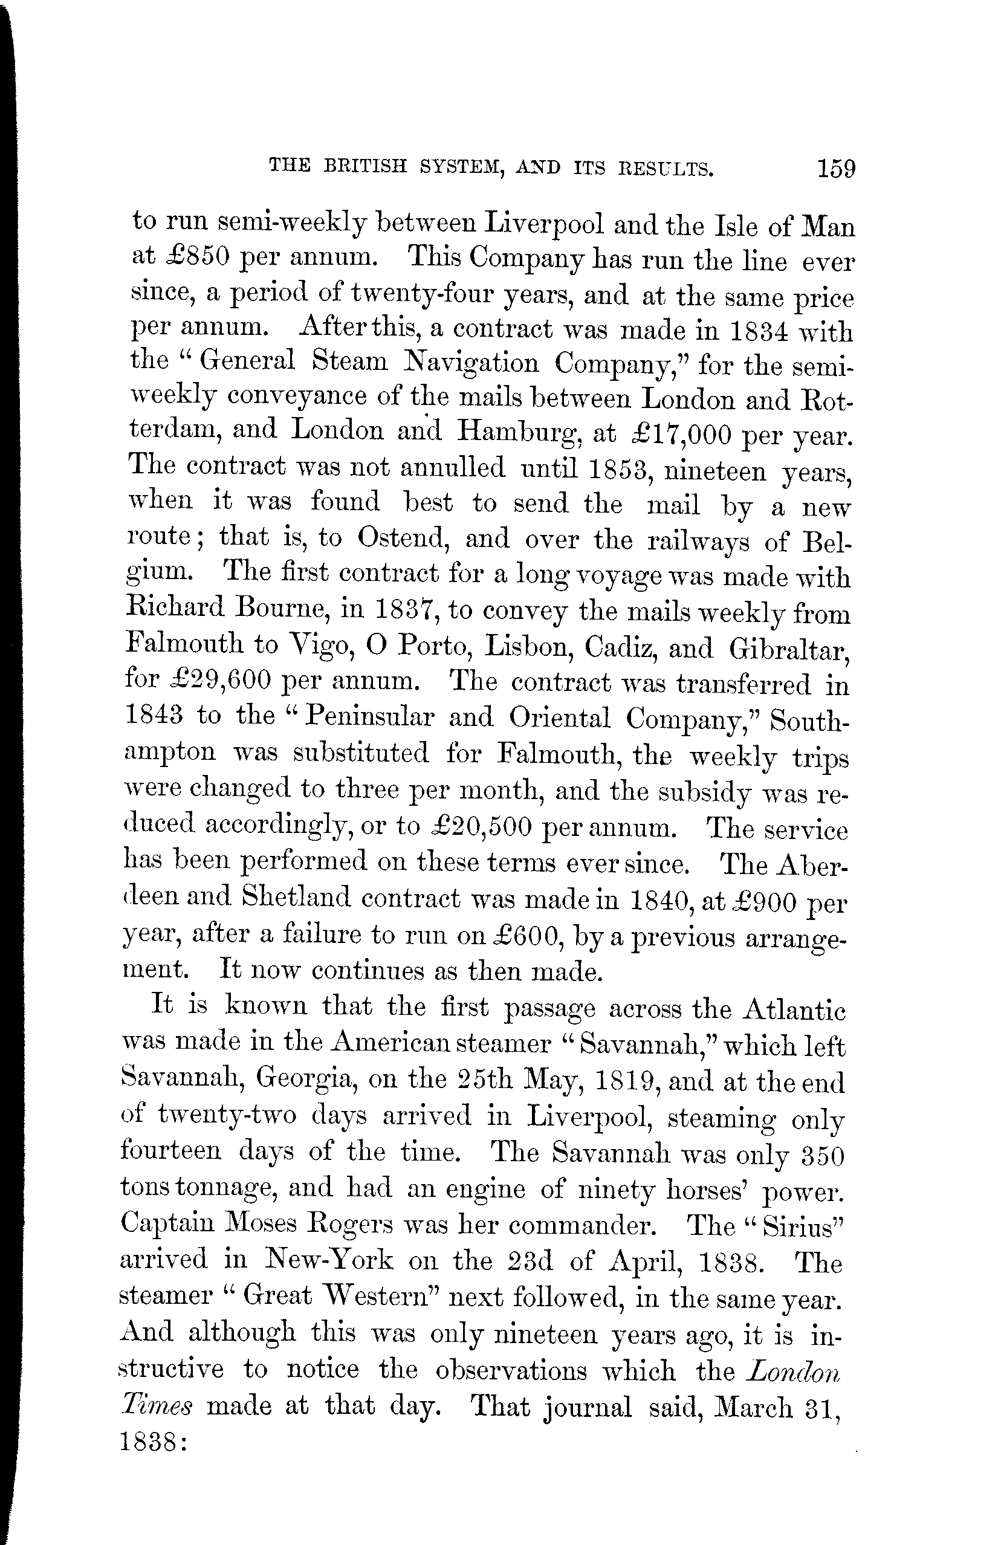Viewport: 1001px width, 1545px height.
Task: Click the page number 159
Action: (837, 169)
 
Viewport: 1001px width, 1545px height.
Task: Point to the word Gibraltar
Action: (789, 647)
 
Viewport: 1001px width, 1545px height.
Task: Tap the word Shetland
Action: (296, 898)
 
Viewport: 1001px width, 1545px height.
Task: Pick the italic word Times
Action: (156, 1405)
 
